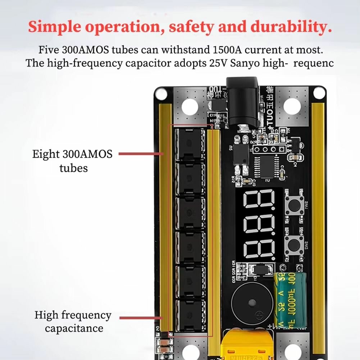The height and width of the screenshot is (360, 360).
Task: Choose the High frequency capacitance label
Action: point(73,322)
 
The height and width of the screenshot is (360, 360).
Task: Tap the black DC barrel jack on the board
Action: point(243,104)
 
